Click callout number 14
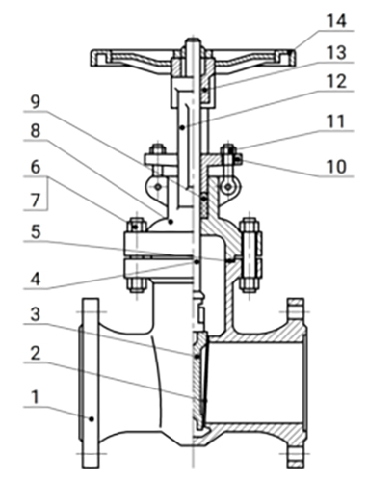click(336, 20)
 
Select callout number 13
click(336, 52)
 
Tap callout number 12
click(336, 82)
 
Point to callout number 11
click(336, 121)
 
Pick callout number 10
click(336, 167)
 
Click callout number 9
click(36, 102)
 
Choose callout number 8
click(36, 131)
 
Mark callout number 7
click(36, 201)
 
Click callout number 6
click(36, 168)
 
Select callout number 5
click(36, 232)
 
